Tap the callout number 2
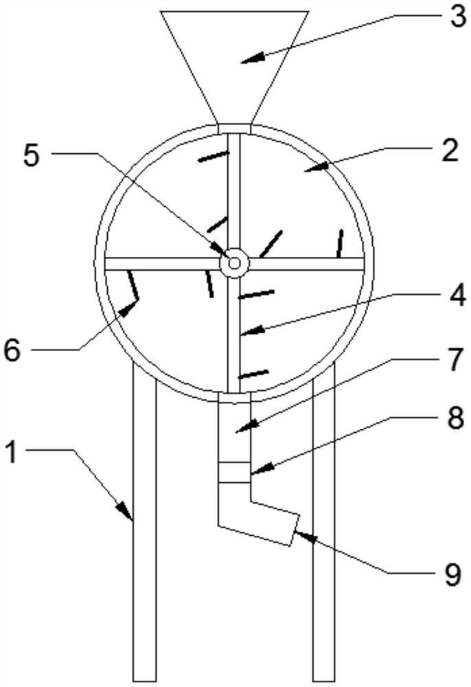450,150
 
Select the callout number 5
32,155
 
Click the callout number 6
13,350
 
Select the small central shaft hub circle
234,262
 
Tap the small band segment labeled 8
233,473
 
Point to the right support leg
323,536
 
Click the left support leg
145,536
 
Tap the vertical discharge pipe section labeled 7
233,429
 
